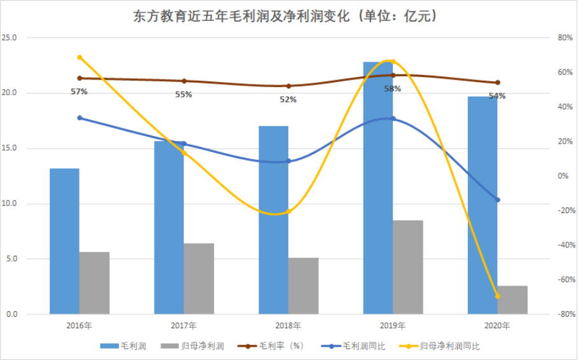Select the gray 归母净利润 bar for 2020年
coord(512,300)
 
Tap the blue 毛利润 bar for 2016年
coord(64,241)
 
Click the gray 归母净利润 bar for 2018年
coord(304,286)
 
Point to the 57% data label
coord(79,92)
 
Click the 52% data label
coord(288,99)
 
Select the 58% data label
coord(393,89)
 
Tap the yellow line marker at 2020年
coord(498,296)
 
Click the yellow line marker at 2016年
coord(80,57)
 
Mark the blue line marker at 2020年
coord(498,200)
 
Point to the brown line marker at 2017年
coord(184,81)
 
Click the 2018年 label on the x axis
coord(288,326)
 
